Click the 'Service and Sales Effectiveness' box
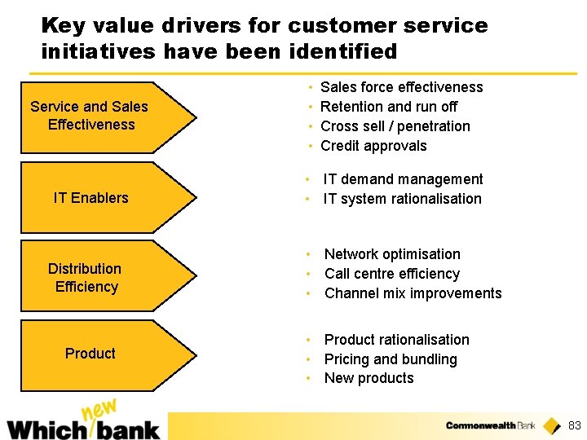point(98,117)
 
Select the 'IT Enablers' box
point(98,197)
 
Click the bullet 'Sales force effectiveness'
point(401,87)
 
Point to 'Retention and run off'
point(389,107)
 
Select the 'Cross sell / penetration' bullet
point(395,126)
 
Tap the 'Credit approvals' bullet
point(373,146)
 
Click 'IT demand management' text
point(403,179)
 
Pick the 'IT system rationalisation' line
point(402,199)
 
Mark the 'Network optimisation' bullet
point(392,254)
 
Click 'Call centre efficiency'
point(392,274)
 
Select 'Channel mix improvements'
point(413,293)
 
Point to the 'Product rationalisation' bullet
point(396,340)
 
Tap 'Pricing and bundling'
point(391,359)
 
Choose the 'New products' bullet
point(369,378)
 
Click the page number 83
point(574,425)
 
